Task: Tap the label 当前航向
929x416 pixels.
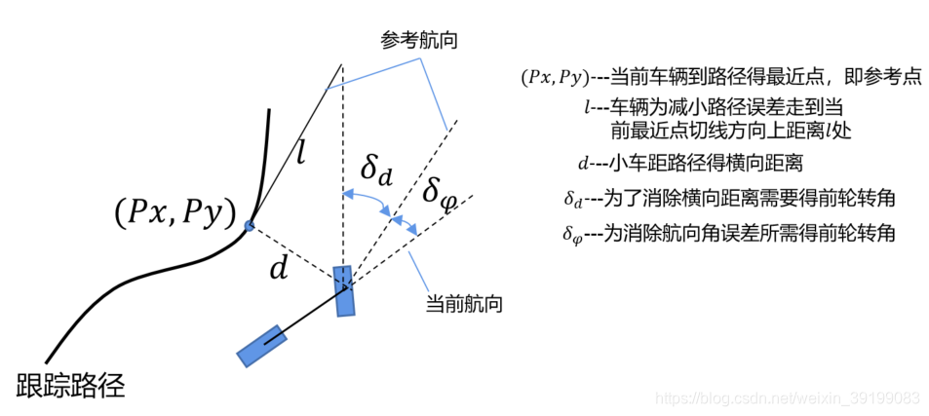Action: [x=465, y=304]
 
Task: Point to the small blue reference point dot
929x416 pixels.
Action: [x=250, y=226]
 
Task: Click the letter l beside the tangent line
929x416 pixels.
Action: [x=302, y=153]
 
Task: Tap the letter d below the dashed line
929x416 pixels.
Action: [x=280, y=269]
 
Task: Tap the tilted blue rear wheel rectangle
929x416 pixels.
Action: [x=262, y=345]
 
